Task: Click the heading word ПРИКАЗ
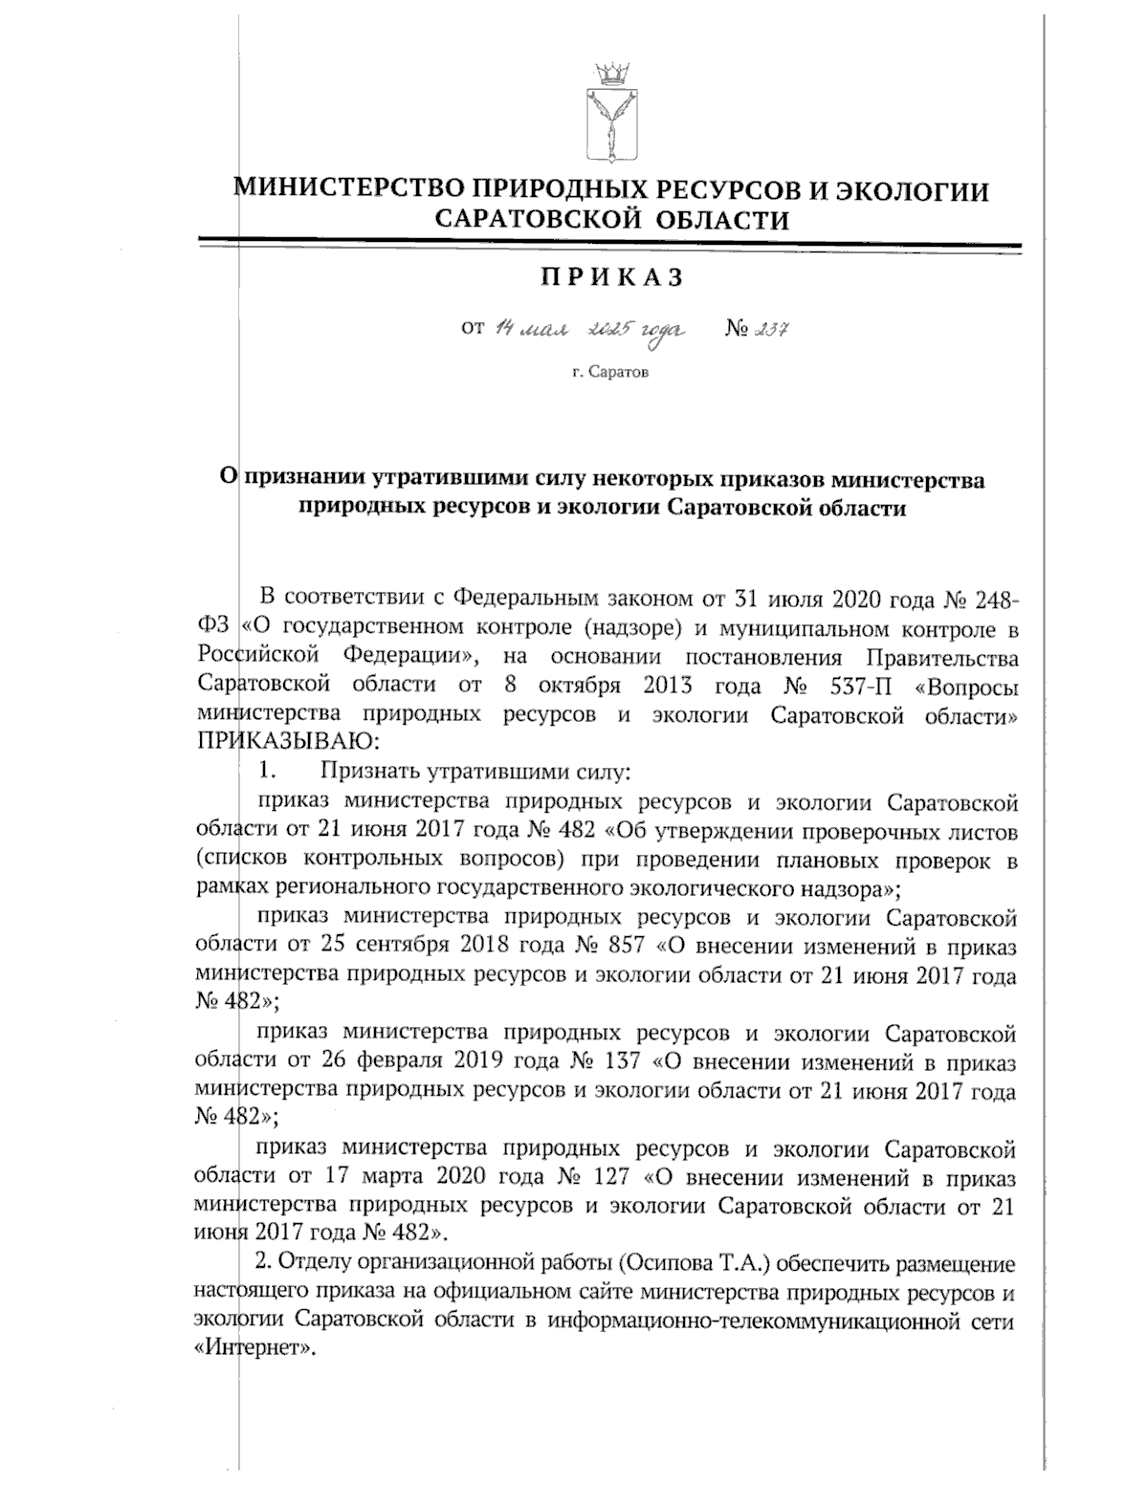[x=612, y=277]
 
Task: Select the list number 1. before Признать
[x=268, y=770]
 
